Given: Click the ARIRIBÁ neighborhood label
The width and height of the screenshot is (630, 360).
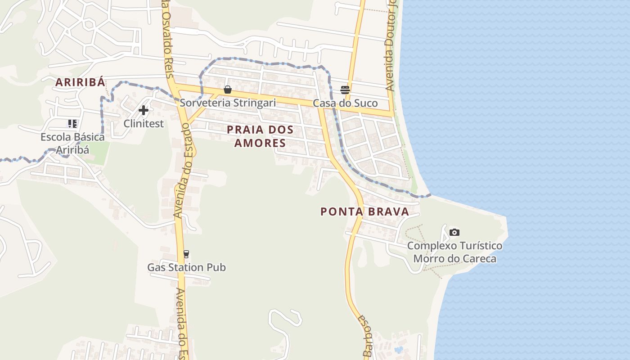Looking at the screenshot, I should point(80,82).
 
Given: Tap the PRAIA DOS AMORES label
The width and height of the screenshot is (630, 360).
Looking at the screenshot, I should point(260,136).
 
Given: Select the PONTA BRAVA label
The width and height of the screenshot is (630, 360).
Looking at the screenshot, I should point(364,211).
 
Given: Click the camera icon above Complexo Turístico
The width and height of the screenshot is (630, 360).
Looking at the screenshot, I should point(454,232).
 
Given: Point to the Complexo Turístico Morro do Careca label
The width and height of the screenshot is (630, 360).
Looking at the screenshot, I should point(454,252).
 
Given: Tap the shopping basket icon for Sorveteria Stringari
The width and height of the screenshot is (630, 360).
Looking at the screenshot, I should point(228,90).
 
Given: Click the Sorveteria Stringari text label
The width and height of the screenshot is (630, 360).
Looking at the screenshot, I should point(228,103).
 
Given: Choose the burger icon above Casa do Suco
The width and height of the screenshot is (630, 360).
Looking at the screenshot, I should point(345,90).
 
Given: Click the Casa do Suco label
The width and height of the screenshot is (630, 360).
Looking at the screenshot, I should point(345,103).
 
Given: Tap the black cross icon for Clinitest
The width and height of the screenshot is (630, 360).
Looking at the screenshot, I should point(144,110).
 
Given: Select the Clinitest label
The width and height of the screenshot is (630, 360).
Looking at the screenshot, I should point(144,123).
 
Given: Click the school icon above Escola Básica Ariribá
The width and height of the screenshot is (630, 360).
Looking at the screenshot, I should point(72,123).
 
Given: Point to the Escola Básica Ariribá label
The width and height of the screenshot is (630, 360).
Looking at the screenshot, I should point(72,143).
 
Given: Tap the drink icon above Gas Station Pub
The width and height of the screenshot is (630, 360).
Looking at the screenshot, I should point(186,254).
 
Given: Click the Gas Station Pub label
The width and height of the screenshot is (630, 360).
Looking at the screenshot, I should point(186,267).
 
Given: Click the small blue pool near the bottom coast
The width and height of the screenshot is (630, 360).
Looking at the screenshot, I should point(398,349).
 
